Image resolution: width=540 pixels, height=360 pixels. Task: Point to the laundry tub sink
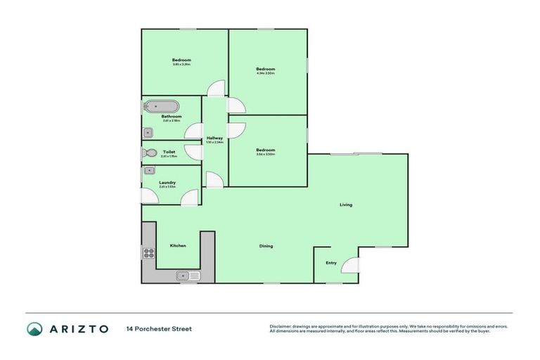coord(149,171)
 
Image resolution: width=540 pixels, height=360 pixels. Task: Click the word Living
coord(346,205)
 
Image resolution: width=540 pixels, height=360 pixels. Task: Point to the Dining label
coord(266,246)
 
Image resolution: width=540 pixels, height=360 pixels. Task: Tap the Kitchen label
coord(178,245)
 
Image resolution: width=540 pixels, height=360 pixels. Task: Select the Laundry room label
coord(167,183)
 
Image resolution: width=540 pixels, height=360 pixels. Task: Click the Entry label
coord(331,263)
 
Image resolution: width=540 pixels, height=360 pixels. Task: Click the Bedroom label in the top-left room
coord(181,60)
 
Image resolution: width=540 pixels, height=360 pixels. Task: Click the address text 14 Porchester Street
coord(159,328)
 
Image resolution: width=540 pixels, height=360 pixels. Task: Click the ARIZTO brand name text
coord(78,328)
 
